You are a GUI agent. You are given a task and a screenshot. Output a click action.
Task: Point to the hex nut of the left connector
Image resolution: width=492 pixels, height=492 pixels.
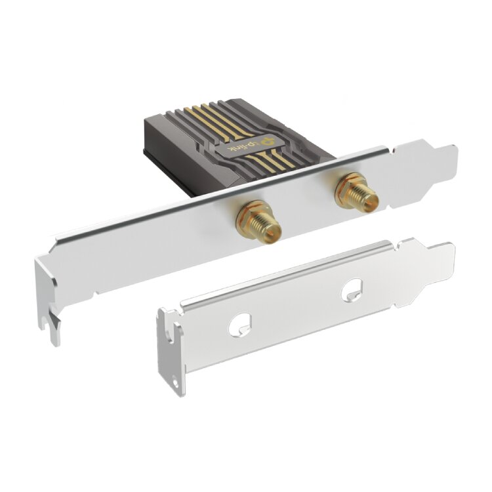pos(249,216)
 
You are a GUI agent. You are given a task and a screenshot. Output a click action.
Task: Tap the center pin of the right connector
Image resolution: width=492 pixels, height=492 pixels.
pos(374,204)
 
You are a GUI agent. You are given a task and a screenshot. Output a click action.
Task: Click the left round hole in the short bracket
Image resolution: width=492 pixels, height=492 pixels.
pos(240,325)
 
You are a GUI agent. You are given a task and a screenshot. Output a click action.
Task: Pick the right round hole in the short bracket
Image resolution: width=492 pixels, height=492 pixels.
pos(352,290)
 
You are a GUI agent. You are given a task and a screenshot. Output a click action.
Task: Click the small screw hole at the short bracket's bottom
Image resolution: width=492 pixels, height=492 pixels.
pos(176,384)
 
